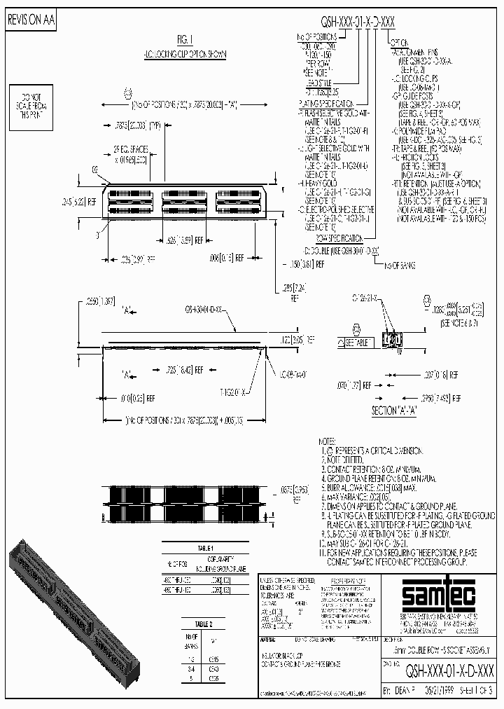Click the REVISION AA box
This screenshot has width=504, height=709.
click(30, 21)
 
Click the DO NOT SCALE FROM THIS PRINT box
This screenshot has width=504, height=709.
click(31, 104)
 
